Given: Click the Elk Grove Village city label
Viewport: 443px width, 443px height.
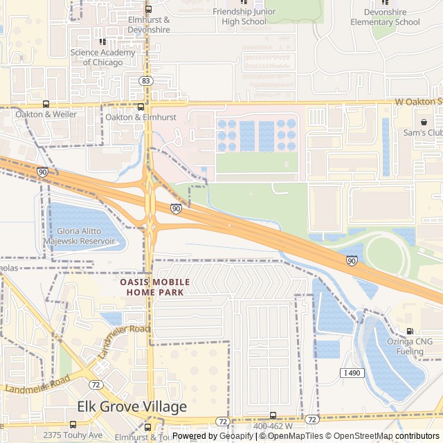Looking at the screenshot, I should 132,406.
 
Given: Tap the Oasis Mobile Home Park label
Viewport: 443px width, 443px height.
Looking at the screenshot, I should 155,287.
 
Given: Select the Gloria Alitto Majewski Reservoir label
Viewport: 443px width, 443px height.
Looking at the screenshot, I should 80,236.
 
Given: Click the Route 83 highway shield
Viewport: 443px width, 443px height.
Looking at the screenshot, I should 145,81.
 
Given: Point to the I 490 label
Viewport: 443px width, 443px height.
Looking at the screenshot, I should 352,373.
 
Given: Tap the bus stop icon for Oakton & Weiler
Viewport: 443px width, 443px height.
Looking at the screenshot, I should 46,105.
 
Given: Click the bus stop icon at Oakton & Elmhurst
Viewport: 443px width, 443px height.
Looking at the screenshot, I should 141,107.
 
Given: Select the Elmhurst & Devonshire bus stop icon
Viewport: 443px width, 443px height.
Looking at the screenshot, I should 149,9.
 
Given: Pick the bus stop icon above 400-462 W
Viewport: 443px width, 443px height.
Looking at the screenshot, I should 272,416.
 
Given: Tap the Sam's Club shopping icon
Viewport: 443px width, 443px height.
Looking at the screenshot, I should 423,122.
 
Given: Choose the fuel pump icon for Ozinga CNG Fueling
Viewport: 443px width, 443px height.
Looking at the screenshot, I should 410,332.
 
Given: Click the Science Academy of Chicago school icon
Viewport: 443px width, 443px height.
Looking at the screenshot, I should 102,42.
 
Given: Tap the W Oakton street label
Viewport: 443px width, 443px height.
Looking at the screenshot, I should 418,102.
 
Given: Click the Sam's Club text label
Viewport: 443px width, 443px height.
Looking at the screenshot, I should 424,132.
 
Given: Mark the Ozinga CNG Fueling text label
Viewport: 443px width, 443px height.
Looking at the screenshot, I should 410,346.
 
